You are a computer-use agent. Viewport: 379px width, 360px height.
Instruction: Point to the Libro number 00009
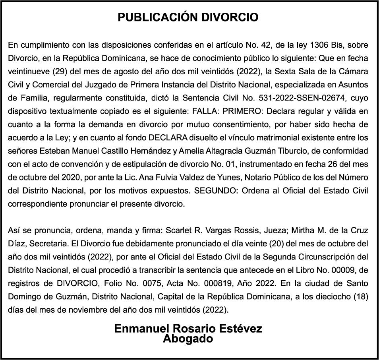344,270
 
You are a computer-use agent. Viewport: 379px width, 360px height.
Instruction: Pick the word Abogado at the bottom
188,339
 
